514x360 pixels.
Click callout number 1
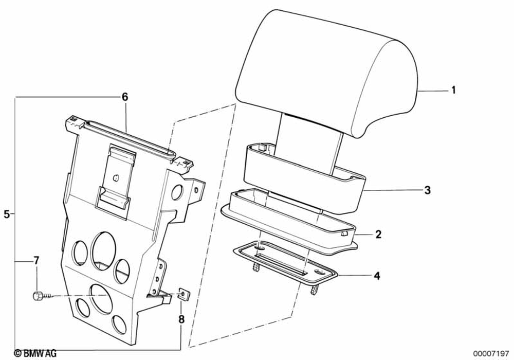point(453,91)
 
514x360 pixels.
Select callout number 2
point(378,235)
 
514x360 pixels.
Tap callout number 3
point(427,190)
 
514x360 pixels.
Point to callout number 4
point(377,276)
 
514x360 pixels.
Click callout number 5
point(7,214)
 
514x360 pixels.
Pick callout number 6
point(124,97)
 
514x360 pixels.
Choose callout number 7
point(36,261)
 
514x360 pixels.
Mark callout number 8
point(181,319)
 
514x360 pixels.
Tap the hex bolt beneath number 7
point(38,296)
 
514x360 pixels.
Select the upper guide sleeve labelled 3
point(303,177)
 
